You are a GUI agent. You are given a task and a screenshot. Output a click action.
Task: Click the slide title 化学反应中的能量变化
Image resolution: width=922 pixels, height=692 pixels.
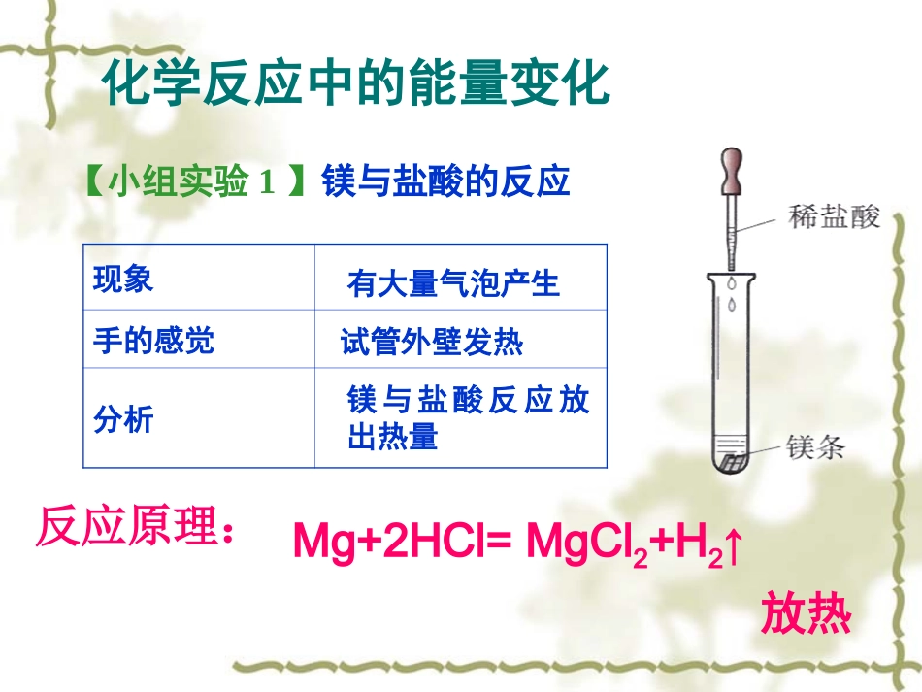(x=356, y=83)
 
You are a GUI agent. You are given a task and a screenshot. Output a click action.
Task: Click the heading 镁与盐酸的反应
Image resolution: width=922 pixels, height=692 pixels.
(x=445, y=182)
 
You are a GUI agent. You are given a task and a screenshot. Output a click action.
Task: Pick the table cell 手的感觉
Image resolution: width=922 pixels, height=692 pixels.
(x=153, y=340)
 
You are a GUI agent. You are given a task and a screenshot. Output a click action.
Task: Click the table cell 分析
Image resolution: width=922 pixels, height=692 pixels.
(x=123, y=418)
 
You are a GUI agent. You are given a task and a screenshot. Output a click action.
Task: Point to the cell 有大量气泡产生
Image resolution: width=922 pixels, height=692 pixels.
(x=453, y=283)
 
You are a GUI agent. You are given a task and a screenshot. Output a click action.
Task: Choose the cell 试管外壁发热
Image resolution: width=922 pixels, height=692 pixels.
(x=432, y=342)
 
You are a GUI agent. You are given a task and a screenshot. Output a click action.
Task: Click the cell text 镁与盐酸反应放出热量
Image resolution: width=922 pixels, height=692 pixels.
(x=467, y=417)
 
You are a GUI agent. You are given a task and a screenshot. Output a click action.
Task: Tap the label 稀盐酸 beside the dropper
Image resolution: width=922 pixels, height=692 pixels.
(x=834, y=218)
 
